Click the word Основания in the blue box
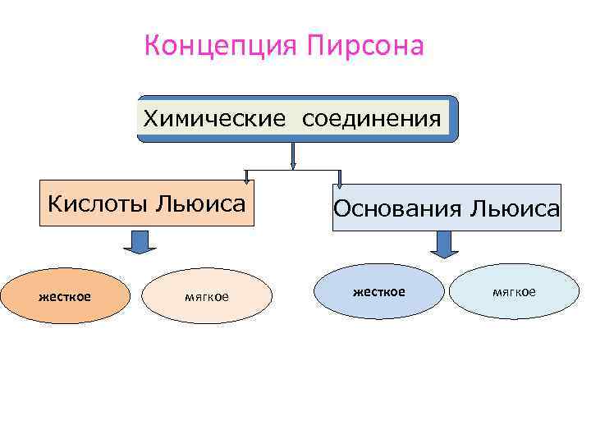point(396,208)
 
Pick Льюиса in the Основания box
point(514,208)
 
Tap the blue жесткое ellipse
point(378,291)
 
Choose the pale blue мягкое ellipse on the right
point(514,291)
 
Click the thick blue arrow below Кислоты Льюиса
point(140,241)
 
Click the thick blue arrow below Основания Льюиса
point(444,243)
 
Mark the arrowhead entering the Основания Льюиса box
point(340,178)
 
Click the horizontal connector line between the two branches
point(292,171)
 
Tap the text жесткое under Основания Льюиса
point(378,291)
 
